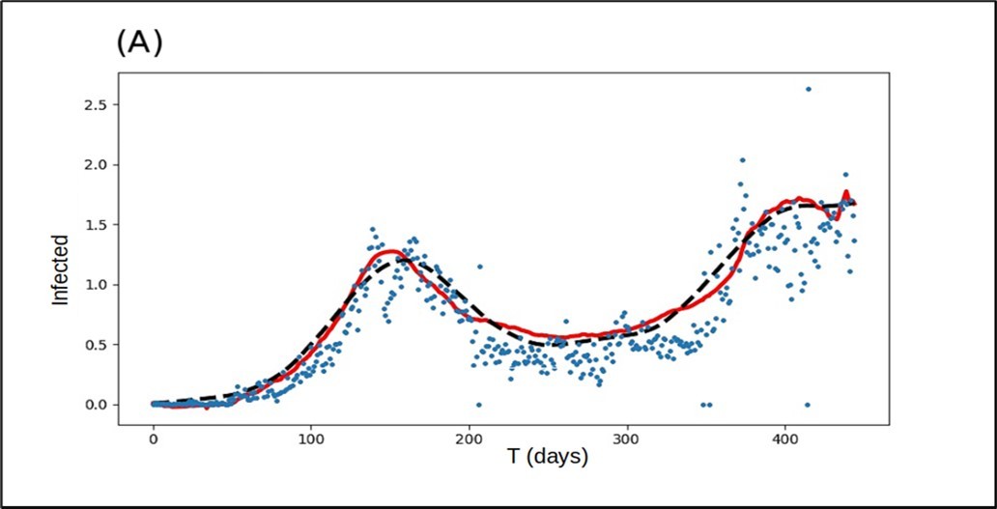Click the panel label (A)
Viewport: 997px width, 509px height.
click(141, 43)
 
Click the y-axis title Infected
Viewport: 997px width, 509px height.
click(61, 269)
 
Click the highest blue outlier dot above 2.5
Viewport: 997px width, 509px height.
click(809, 89)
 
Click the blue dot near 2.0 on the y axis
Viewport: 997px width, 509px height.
click(742, 160)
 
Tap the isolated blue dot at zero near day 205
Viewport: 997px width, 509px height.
click(478, 405)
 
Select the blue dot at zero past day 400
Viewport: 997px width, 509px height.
click(808, 405)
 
